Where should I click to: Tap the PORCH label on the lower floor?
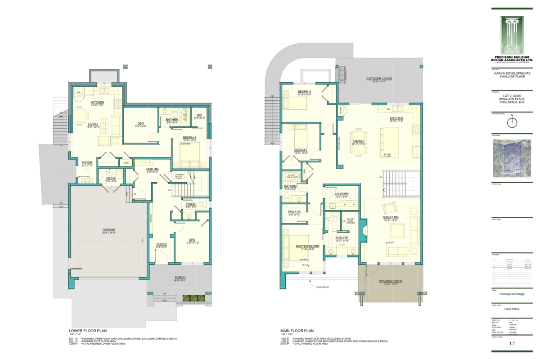pyautogui.click(x=180, y=278)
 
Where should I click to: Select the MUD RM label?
pyautogui.click(x=152, y=169)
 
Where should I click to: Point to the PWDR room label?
pyautogui.click(x=191, y=204)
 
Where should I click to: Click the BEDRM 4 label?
pyautogui.click(x=189, y=137)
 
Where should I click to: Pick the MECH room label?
pyautogui.click(x=110, y=178)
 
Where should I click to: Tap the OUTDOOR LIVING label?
pyautogui.click(x=378, y=79)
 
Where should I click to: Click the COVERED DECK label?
pyautogui.click(x=391, y=282)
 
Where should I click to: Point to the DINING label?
pyautogui.click(x=358, y=141)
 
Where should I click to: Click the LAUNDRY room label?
pyautogui.click(x=342, y=194)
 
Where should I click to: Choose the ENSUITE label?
pyautogui.click(x=342, y=238)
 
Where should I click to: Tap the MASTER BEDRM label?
pyautogui.click(x=307, y=247)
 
